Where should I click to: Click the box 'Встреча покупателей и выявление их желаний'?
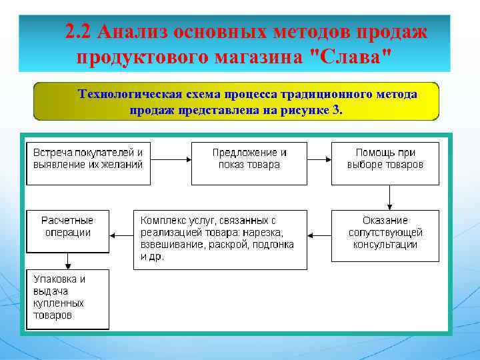[88, 163]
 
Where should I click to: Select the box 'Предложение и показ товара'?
[249, 163]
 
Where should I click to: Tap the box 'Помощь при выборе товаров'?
[385, 163]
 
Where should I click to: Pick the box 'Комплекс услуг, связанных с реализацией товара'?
[220, 239]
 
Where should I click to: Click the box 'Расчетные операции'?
[67, 231]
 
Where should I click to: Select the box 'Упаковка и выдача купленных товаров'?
[67, 298]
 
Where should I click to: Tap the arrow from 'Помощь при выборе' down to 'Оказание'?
[389, 197]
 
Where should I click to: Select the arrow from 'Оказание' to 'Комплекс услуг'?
[319, 235]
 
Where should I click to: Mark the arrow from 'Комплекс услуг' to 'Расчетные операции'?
[121, 235]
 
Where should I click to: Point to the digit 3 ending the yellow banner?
[335, 110]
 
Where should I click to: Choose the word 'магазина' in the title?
[259, 56]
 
